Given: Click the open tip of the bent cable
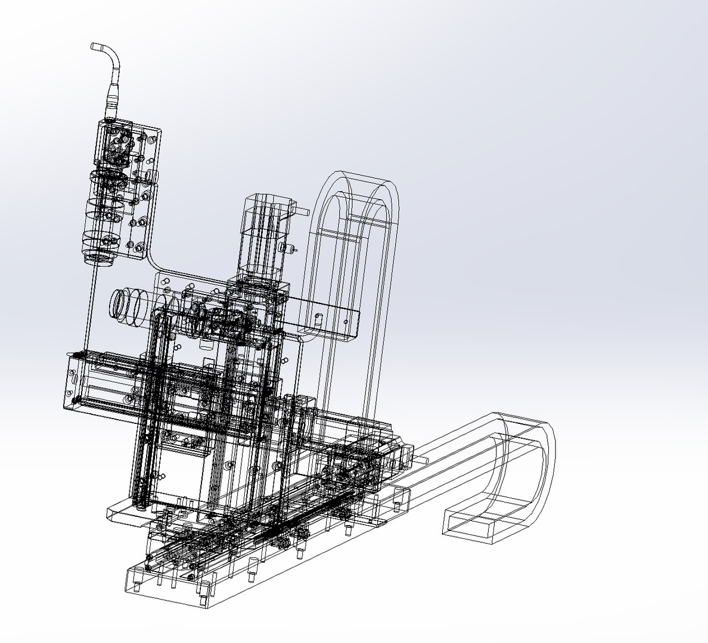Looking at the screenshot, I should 94,46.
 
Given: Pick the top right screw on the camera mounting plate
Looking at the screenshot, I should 153,139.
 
